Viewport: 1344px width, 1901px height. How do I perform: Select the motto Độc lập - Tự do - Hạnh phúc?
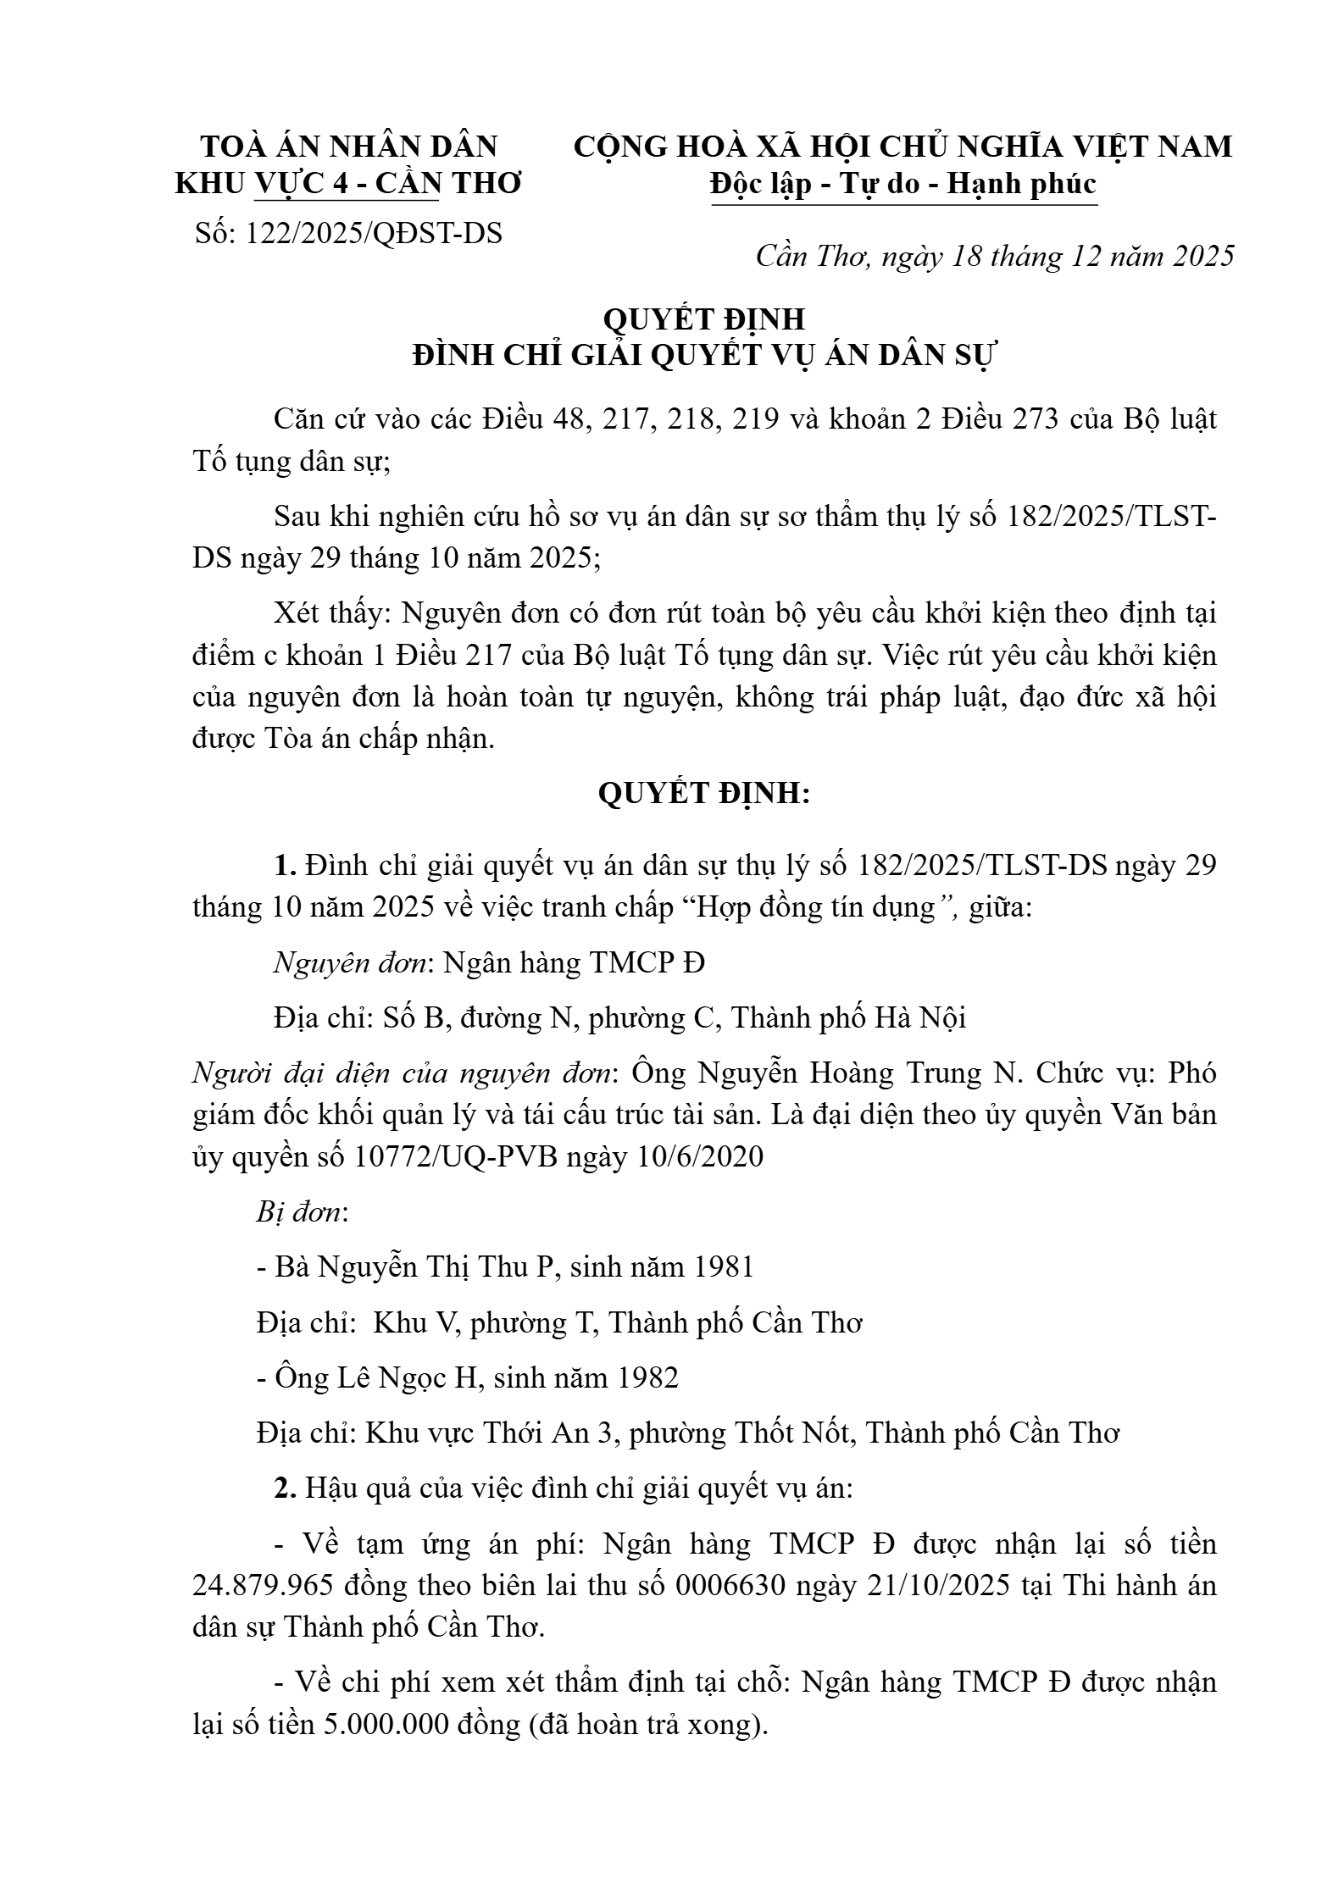(903, 184)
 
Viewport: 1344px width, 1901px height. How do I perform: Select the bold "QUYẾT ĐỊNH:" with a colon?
(703, 794)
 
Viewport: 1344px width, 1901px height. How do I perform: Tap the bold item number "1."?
(285, 866)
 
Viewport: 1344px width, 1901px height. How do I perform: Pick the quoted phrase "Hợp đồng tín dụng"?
(819, 908)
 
